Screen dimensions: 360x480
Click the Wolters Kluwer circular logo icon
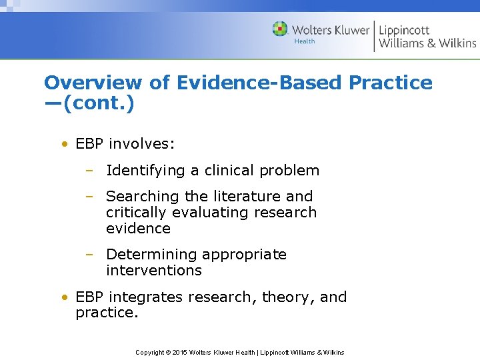coord(280,29)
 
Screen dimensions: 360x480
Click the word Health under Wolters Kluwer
coord(305,41)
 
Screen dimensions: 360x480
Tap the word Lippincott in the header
coord(404,29)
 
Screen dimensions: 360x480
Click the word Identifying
coord(146,171)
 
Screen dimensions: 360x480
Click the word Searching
coord(143,197)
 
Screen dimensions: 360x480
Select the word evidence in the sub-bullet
coord(138,229)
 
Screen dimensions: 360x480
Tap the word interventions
coord(153,271)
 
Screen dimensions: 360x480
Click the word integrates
coord(147,297)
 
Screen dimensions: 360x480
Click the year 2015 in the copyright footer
coord(179,352)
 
